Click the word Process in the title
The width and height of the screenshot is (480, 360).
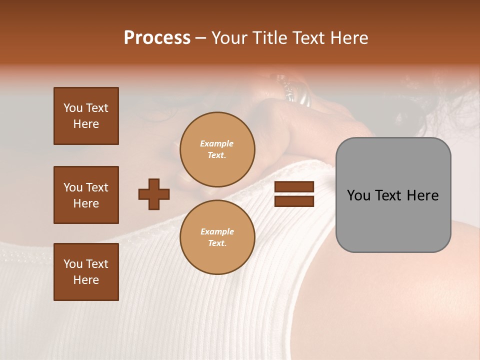coord(157,38)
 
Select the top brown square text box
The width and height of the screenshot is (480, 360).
coord(86,116)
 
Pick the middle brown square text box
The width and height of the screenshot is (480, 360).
coord(86,195)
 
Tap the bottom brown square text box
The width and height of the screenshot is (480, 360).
coord(86,272)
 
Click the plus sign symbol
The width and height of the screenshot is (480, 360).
coord(154,194)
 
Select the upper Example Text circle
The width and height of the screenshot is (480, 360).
coord(217,149)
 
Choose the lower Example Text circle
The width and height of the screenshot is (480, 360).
coord(217,237)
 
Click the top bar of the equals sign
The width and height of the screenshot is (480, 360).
coord(294,186)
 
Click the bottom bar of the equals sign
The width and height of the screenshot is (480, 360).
coord(294,201)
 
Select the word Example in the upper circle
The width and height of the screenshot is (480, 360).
coord(217,143)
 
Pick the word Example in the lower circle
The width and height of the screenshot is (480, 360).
coord(217,231)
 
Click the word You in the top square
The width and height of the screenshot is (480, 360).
coord(73,108)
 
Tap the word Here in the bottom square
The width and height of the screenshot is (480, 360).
coord(86,280)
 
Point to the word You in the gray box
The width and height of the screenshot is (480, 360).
coord(358,195)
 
